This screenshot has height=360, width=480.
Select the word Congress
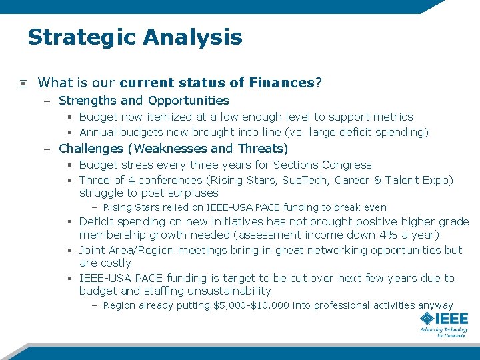[347, 165]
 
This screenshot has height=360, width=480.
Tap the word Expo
[437, 180]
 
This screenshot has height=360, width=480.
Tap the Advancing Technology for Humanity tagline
[443, 332]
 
